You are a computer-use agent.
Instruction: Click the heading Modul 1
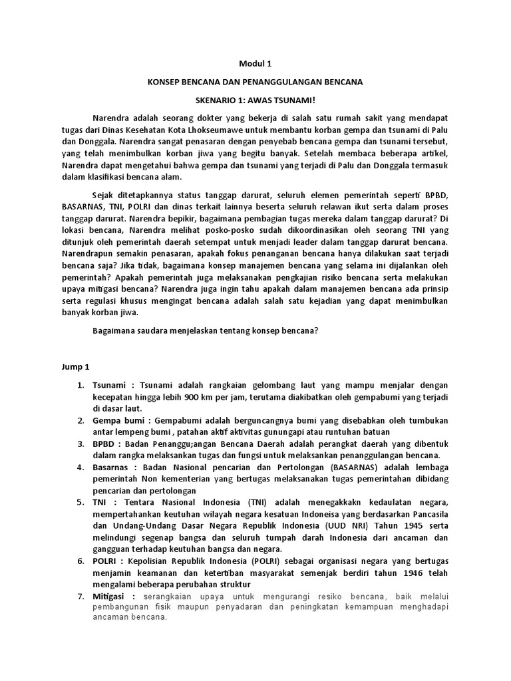pyautogui.click(x=255, y=64)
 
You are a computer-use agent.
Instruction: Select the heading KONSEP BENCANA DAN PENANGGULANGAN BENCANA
pyautogui.click(x=255, y=82)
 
